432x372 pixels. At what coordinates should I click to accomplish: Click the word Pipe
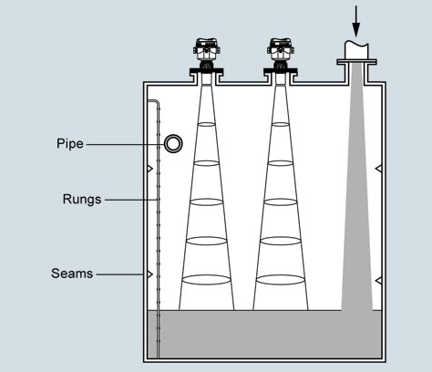tap(69, 144)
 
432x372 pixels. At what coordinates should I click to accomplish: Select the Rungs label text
tap(81, 199)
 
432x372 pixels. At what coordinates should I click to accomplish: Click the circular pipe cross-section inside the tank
tap(172, 144)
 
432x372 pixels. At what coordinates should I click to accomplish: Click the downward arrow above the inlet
tap(356, 19)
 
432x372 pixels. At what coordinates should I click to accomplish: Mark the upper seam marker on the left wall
tap(149, 170)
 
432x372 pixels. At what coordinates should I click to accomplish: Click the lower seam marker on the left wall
tap(149, 274)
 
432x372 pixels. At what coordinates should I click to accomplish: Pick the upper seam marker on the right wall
tap(377, 170)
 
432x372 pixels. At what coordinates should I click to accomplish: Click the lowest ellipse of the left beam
tap(207, 279)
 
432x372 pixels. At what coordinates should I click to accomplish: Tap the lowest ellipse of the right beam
tap(281, 279)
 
